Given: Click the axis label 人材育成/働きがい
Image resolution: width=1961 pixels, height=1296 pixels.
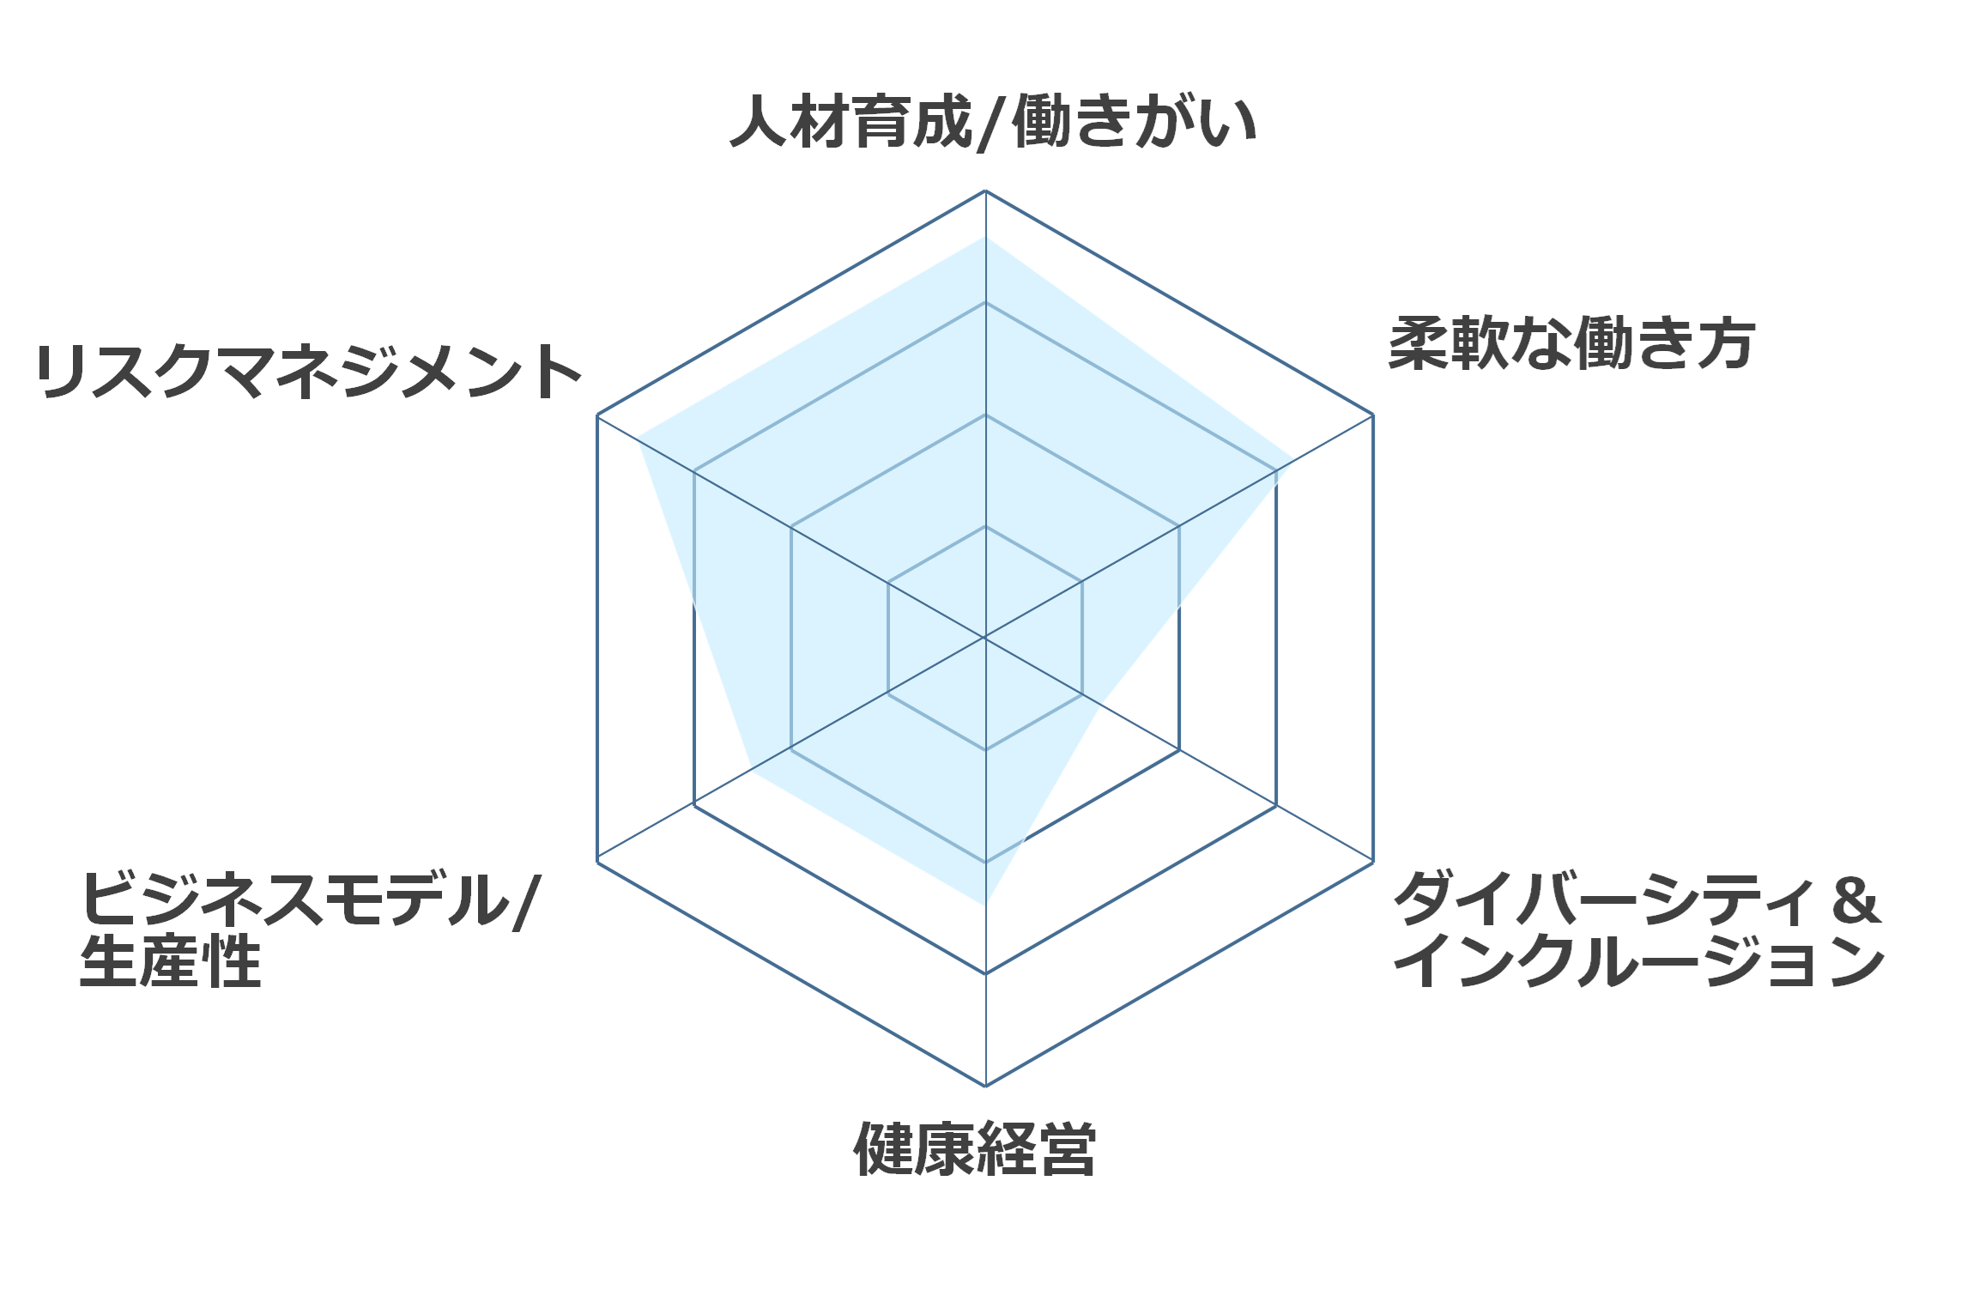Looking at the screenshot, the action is [x=993, y=122].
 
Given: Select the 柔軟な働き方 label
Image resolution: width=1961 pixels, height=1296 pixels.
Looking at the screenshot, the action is [x=1572, y=343].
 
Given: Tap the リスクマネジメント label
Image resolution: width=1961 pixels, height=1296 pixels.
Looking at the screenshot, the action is [x=309, y=371].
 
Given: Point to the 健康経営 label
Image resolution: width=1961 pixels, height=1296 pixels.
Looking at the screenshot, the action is [x=975, y=1149].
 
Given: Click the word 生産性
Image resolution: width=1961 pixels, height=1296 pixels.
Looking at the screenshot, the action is [x=170, y=961].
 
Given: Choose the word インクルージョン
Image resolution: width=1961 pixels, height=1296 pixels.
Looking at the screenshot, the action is [x=1639, y=961].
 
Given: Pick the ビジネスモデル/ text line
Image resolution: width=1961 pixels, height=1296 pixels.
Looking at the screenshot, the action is [x=310, y=899].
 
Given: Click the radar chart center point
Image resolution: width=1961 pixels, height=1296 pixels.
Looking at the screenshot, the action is [x=985, y=638].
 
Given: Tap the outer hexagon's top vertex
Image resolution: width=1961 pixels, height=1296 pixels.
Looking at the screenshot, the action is [x=985, y=191].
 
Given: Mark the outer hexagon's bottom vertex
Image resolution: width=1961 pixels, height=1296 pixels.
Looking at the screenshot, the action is [x=985, y=1086].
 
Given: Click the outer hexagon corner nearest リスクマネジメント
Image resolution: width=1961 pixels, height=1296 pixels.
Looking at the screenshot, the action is [x=597, y=415].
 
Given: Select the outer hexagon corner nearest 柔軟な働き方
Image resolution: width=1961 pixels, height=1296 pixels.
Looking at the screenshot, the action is [x=1373, y=415].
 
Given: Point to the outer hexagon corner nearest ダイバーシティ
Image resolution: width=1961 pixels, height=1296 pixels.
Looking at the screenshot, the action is [x=1373, y=862].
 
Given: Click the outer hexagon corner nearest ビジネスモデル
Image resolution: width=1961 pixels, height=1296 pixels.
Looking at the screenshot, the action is [x=597, y=862].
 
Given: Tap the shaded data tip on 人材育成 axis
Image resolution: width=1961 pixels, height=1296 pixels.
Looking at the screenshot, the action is [x=985, y=238].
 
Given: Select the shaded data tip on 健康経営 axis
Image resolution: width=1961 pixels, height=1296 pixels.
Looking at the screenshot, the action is [x=985, y=904].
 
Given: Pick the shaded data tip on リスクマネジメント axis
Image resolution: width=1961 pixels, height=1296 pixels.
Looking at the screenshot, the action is [x=639, y=439].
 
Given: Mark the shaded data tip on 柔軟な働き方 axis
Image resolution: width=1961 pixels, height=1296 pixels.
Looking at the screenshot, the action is [x=1294, y=460].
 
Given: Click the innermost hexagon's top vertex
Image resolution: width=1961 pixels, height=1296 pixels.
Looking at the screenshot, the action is [x=985, y=526].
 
